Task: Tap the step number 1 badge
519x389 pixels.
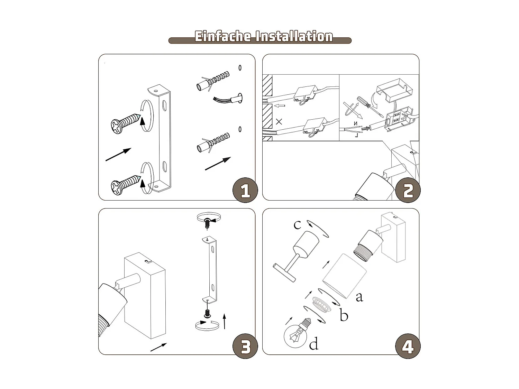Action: pos(245,191)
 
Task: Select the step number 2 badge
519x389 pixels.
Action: pos(408,191)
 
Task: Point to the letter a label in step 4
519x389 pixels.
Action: pos(359,297)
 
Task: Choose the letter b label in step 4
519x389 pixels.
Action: pos(344,315)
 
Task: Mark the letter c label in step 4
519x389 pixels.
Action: pos(297,224)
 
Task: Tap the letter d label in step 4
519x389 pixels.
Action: pos(313,344)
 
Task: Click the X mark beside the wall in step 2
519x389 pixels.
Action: pos(279,122)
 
